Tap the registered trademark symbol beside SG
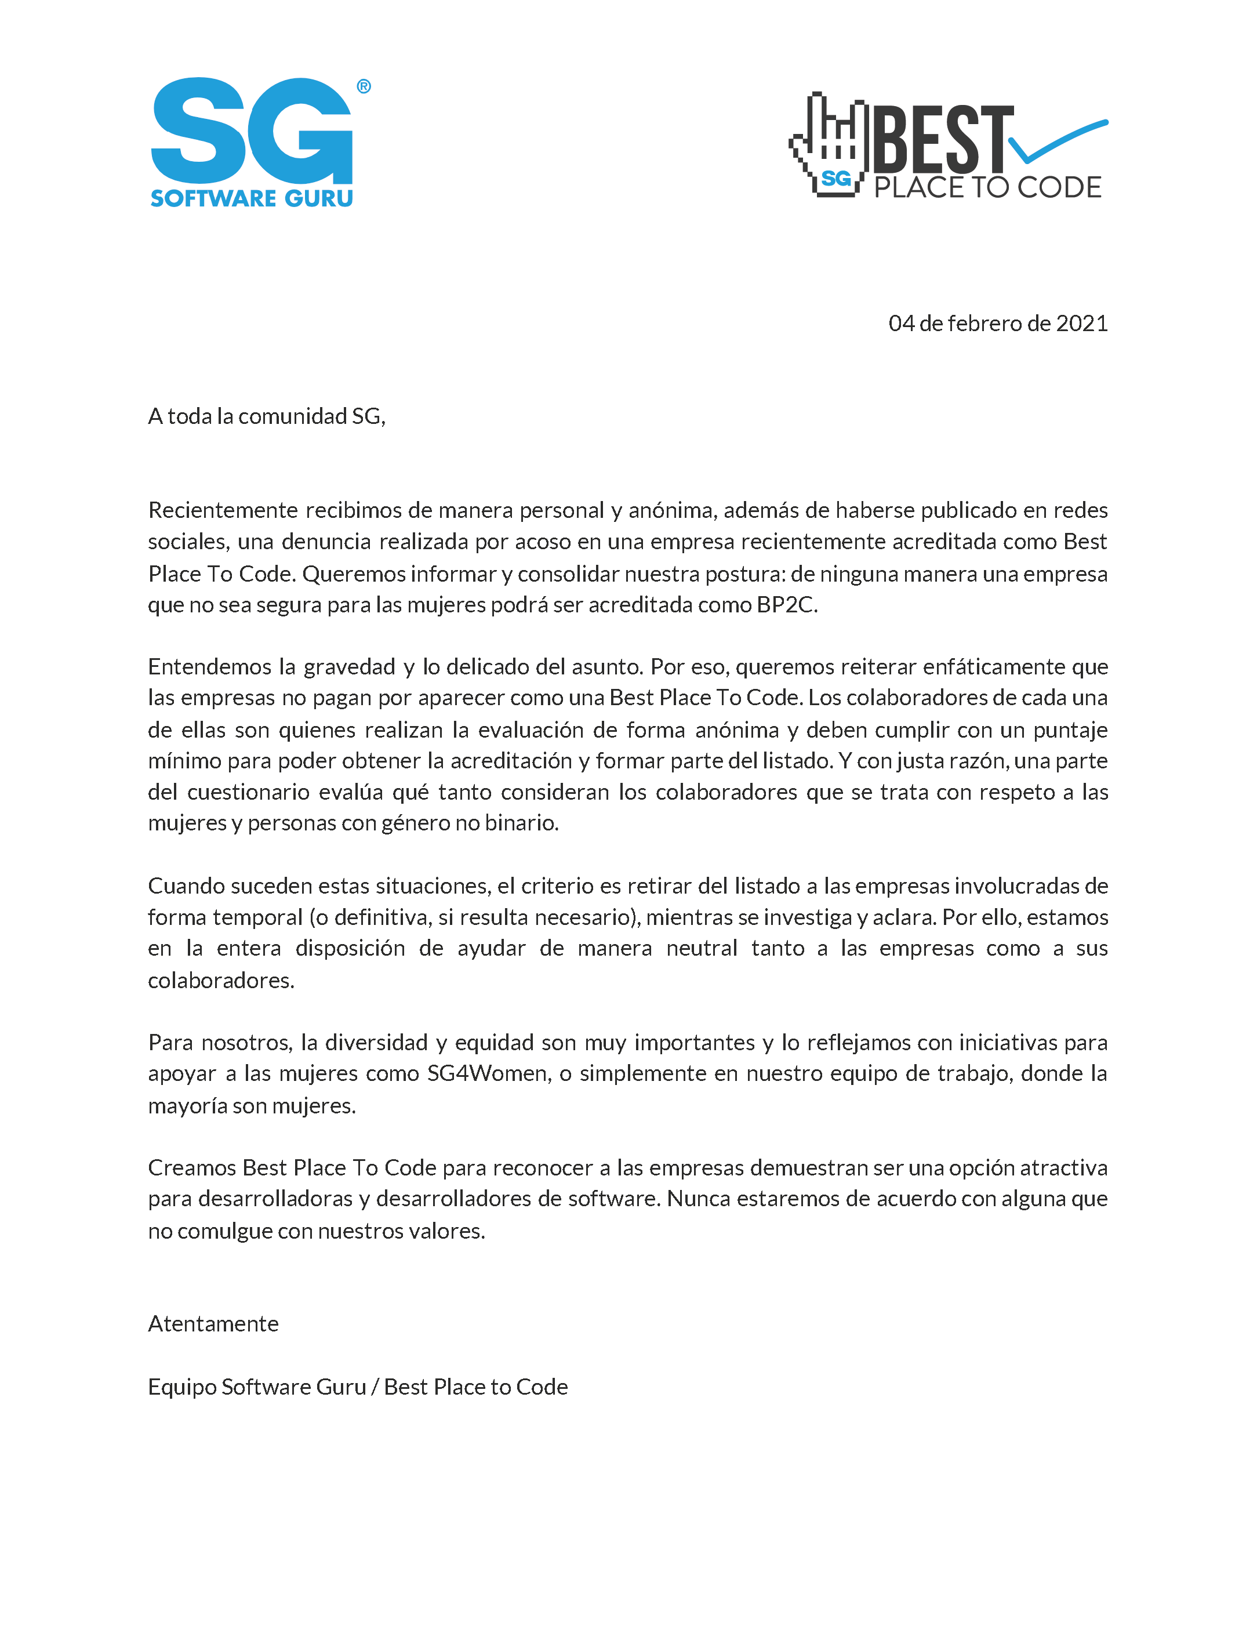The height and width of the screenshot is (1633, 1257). coord(364,87)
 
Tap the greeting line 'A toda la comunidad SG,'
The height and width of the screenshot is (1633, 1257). coord(266,416)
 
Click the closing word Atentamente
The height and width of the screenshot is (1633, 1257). coord(213,1324)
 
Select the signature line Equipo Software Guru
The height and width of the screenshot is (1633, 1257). coord(256,1387)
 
